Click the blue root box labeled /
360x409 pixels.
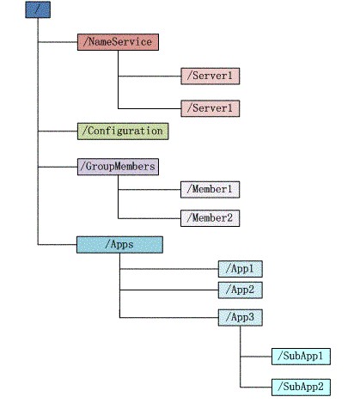[38, 9]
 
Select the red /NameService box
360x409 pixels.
[118, 42]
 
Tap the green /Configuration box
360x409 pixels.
[123, 131]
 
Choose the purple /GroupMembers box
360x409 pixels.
[118, 167]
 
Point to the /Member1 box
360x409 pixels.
[211, 190]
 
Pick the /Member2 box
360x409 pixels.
[211, 218]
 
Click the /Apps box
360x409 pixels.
[119, 245]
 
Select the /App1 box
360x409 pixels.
[241, 269]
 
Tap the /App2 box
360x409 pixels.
[241, 290]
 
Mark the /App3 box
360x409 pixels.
[241, 318]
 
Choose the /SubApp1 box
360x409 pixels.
[301, 357]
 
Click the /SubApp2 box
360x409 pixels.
[301, 388]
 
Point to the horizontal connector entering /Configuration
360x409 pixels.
[58, 131]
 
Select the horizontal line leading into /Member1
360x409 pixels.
[149, 190]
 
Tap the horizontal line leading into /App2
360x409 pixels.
[169, 290]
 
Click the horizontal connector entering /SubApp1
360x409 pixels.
[256, 357]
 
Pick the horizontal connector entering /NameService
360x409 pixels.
[58, 42]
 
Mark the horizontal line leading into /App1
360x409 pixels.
[169, 269]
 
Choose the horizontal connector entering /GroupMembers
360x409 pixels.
[58, 167]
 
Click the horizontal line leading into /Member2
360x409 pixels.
[149, 218]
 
